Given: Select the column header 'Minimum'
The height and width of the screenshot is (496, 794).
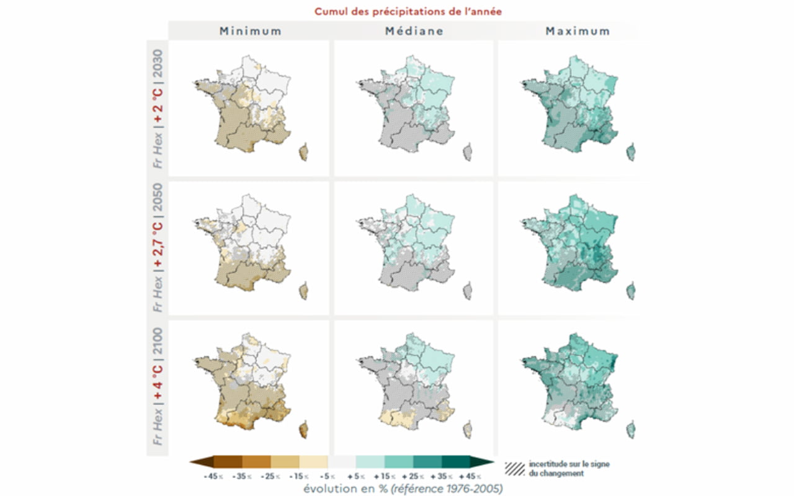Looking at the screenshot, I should [250, 31].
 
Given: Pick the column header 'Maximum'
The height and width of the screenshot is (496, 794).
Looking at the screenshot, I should [578, 31].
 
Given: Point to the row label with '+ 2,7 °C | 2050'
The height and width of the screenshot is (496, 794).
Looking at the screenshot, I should [158, 248].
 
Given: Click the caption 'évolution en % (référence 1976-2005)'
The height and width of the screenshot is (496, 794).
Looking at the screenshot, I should [403, 489].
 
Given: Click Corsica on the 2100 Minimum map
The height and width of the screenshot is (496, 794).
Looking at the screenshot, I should [303, 430].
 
